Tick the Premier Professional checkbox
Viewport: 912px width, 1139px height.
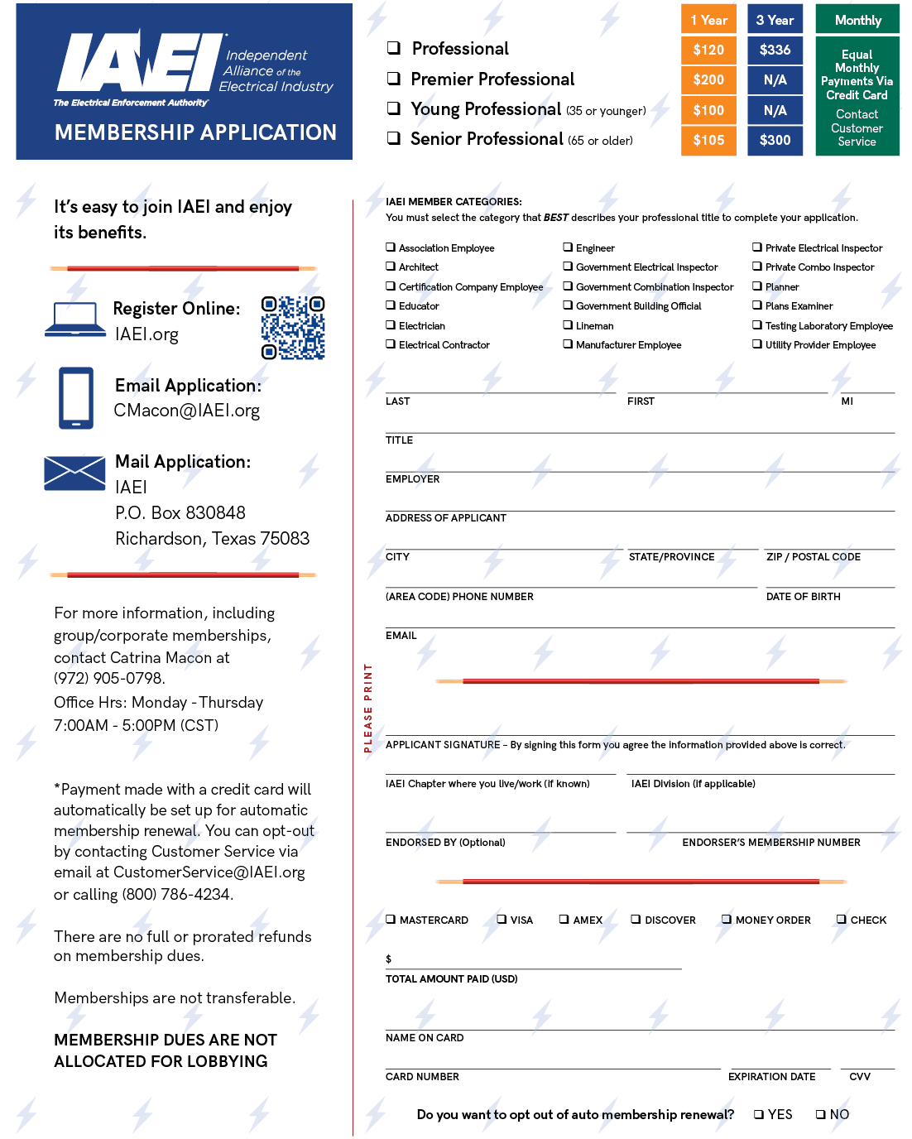tap(394, 79)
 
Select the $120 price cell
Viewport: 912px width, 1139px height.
tap(708, 50)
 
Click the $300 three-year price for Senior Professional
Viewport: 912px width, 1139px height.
tap(775, 140)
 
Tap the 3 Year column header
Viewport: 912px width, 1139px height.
tap(775, 20)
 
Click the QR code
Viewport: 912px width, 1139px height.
tap(293, 328)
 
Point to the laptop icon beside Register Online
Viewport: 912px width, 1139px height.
tap(75, 320)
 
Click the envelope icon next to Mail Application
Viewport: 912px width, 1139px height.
tap(74, 473)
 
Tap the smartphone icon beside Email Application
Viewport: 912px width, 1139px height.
tap(76, 398)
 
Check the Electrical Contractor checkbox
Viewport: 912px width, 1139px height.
tap(391, 344)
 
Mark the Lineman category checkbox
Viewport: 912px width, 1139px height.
tap(568, 325)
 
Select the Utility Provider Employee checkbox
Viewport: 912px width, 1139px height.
tap(757, 344)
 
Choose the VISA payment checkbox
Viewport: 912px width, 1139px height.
tap(502, 919)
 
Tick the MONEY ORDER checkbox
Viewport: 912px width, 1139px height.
tap(727, 919)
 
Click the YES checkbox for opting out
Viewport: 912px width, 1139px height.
tap(759, 1114)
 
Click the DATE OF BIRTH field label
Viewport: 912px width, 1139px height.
tap(803, 597)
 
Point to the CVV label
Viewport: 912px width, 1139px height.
tap(860, 1077)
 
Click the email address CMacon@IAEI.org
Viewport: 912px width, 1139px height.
tap(187, 411)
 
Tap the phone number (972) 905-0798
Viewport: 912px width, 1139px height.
tap(109, 679)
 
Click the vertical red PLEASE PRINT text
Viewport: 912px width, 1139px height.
tap(368, 708)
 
